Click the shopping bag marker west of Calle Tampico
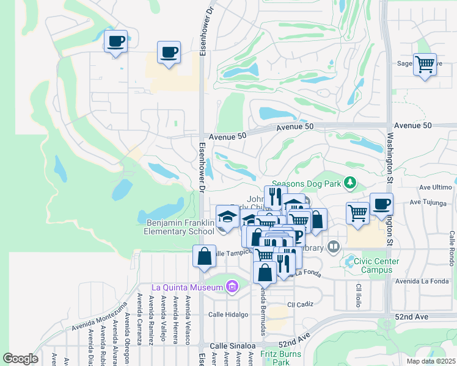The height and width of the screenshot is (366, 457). (x=205, y=257)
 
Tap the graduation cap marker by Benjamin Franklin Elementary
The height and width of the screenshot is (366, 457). (x=227, y=218)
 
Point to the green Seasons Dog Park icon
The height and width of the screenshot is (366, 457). (x=349, y=183)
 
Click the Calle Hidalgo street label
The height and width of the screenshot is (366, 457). (x=228, y=315)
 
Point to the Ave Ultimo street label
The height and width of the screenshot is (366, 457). (x=435, y=187)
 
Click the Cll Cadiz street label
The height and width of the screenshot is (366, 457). (x=299, y=304)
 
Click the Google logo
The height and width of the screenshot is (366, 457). (x=20, y=358)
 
